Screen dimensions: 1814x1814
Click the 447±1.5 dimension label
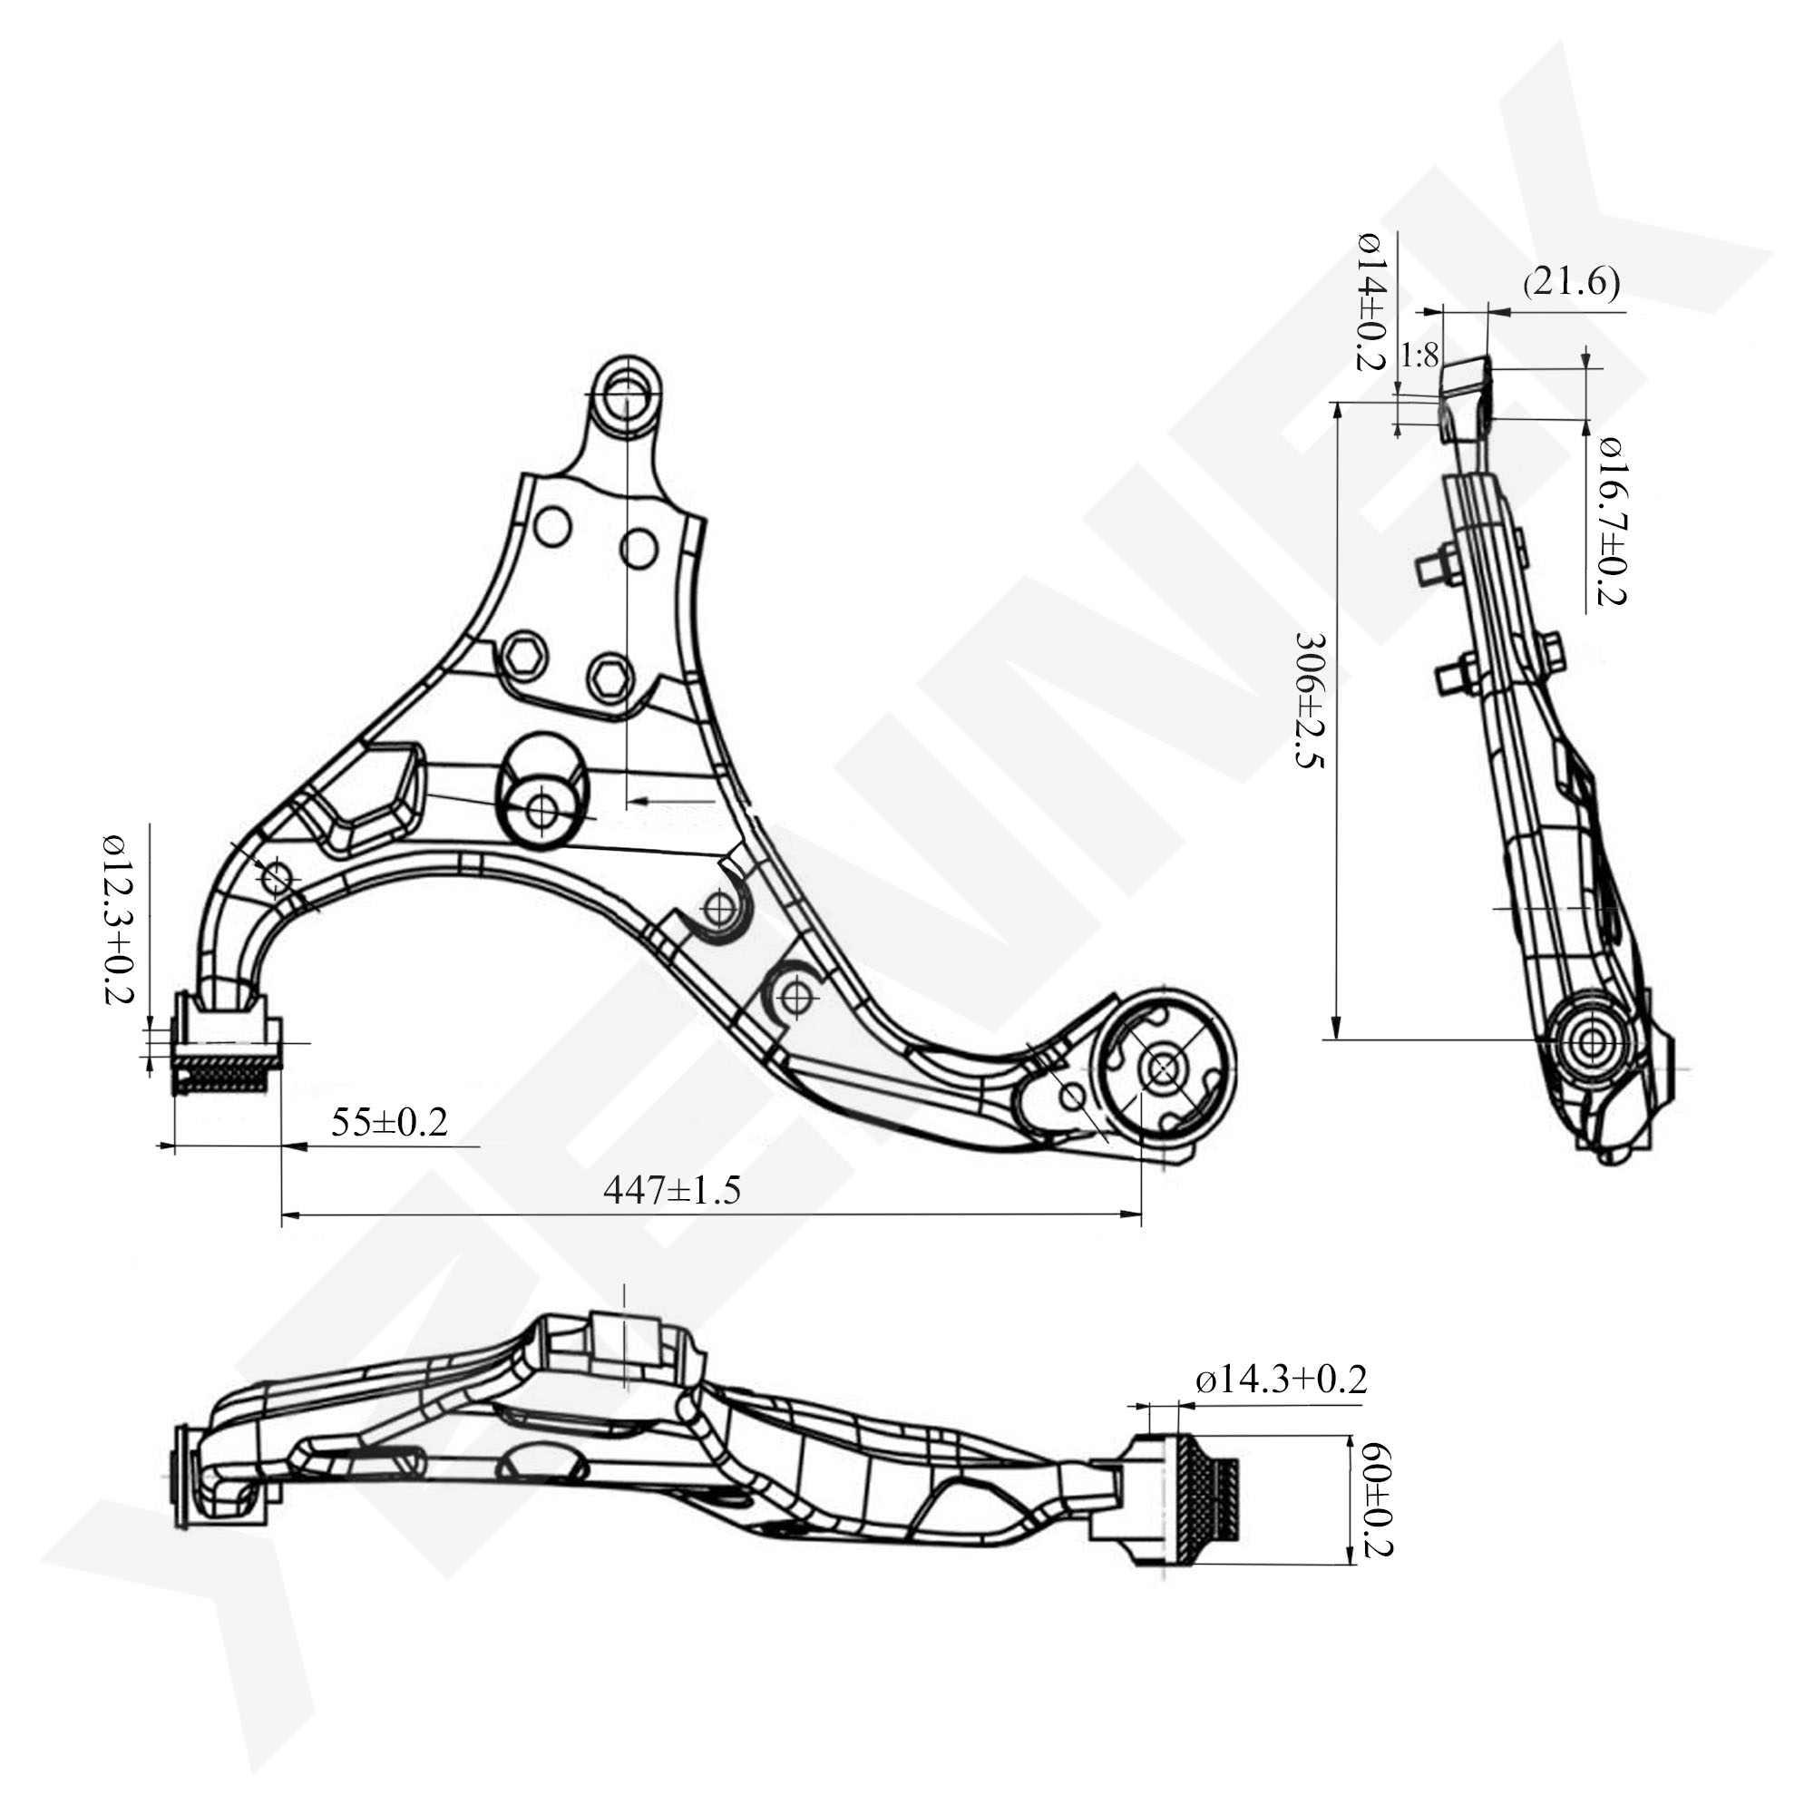point(672,1190)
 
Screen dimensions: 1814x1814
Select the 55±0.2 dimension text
point(389,1122)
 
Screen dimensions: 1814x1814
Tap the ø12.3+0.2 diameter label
point(119,919)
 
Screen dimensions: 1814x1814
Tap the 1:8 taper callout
point(1419,356)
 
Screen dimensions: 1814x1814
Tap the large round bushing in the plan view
point(1165,1068)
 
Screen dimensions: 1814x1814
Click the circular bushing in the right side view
point(1591,1041)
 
